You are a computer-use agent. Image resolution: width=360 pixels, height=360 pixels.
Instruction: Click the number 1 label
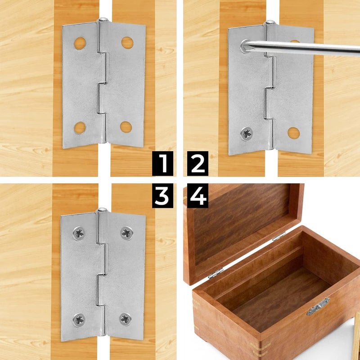162,163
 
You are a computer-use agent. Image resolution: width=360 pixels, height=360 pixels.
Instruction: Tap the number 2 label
198,163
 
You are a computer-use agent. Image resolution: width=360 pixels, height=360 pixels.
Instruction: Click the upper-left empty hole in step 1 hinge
80,43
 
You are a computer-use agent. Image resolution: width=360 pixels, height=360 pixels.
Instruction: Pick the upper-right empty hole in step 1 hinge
127,43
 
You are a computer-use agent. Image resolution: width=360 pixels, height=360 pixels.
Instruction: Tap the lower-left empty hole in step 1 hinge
80,128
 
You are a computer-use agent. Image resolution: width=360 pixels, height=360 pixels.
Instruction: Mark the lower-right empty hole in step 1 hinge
126,127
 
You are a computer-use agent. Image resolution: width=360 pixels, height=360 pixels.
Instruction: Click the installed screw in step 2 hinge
246,133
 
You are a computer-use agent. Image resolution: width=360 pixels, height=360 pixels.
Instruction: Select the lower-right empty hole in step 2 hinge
293,133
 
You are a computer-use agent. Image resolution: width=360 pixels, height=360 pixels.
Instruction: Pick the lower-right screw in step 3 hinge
126,319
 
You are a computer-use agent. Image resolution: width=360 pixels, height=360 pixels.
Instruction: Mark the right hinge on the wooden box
279,236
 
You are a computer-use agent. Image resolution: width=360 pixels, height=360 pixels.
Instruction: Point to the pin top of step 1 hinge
103,20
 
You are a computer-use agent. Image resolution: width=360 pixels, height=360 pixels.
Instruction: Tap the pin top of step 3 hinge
102,210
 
